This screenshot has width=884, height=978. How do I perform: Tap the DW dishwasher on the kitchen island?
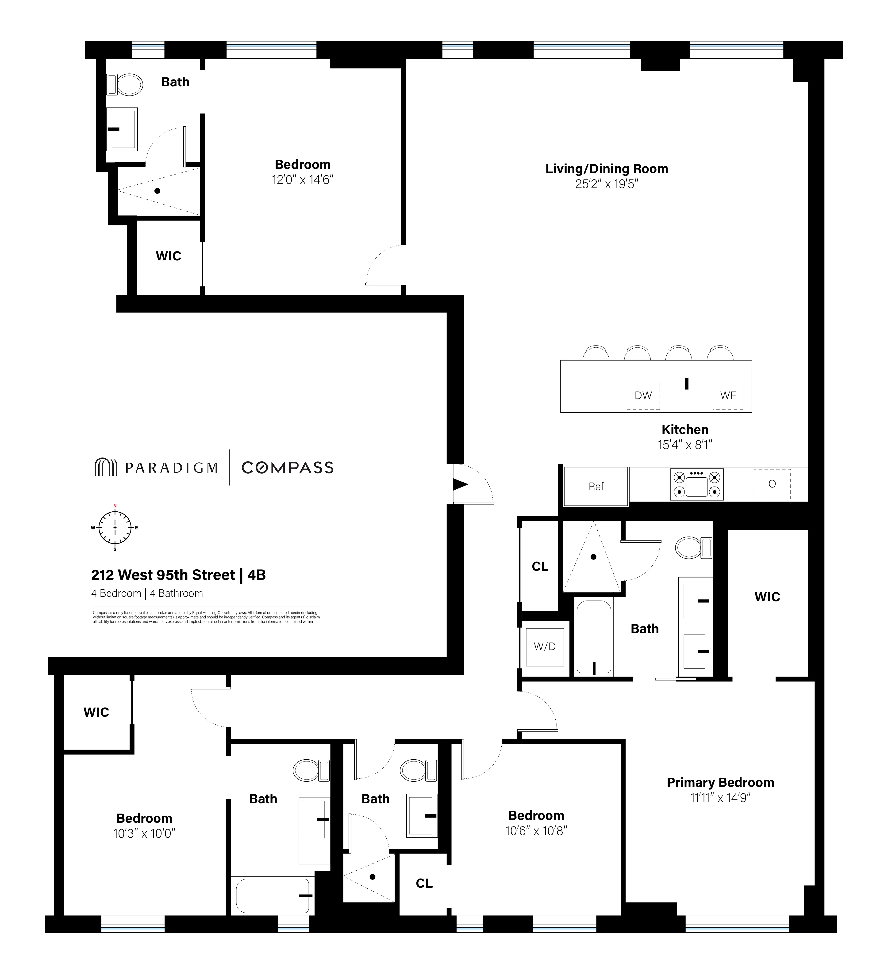643,395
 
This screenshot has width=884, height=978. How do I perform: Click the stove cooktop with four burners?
696,484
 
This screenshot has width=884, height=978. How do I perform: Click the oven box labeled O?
771,484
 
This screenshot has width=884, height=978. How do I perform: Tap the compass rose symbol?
115,527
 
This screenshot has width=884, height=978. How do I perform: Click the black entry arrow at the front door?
460,484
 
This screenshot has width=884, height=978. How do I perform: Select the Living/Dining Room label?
606,169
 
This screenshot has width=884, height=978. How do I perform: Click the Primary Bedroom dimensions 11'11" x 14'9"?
720,798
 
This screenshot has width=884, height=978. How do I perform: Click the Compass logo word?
287,468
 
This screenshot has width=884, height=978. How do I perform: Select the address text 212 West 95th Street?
163,575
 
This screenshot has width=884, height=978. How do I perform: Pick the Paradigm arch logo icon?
105,467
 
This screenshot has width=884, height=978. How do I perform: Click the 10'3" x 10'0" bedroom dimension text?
144,833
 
